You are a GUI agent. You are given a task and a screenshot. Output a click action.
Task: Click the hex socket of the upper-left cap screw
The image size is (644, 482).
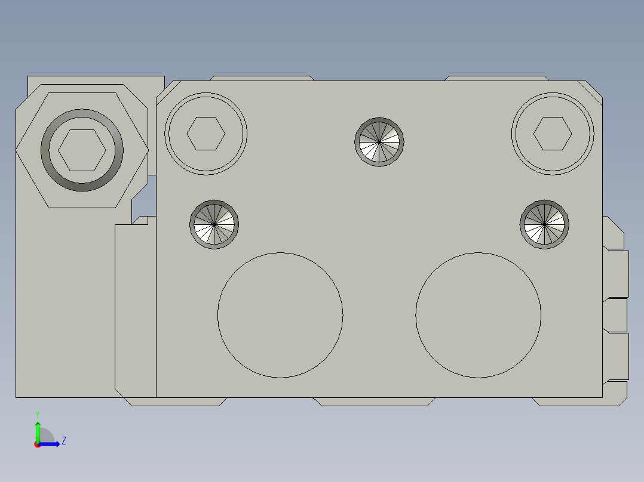pos(206,134)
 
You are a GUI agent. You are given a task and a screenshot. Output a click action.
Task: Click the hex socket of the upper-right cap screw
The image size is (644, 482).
pos(553,134)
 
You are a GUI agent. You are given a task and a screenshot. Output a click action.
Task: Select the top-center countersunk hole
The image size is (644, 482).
pos(379,142)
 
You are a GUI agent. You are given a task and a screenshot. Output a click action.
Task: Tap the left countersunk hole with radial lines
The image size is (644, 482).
pos(214,224)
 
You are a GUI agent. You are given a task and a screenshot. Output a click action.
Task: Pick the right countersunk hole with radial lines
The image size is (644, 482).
pos(544,224)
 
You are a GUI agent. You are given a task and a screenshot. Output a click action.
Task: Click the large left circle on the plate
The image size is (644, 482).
pos(280,315)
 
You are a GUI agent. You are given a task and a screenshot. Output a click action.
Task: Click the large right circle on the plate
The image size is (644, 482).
pos(479,315)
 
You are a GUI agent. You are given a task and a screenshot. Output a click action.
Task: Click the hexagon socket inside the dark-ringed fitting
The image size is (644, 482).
pos(82,150)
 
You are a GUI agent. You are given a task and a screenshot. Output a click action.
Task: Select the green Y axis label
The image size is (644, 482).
pos(37,414)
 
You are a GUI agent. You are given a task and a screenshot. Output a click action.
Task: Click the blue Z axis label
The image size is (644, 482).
pos(63,441)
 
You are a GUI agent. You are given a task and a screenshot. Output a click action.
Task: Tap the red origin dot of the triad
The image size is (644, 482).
pos(38,444)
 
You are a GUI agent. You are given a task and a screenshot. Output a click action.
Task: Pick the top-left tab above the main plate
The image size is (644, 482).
pos(262,78)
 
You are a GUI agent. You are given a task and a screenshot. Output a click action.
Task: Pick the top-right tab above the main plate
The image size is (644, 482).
pos(496,78)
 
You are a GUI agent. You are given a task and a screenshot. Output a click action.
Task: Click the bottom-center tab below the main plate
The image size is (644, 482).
pos(375,401)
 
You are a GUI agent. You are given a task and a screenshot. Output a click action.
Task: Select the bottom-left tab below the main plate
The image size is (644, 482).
pos(178,401)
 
